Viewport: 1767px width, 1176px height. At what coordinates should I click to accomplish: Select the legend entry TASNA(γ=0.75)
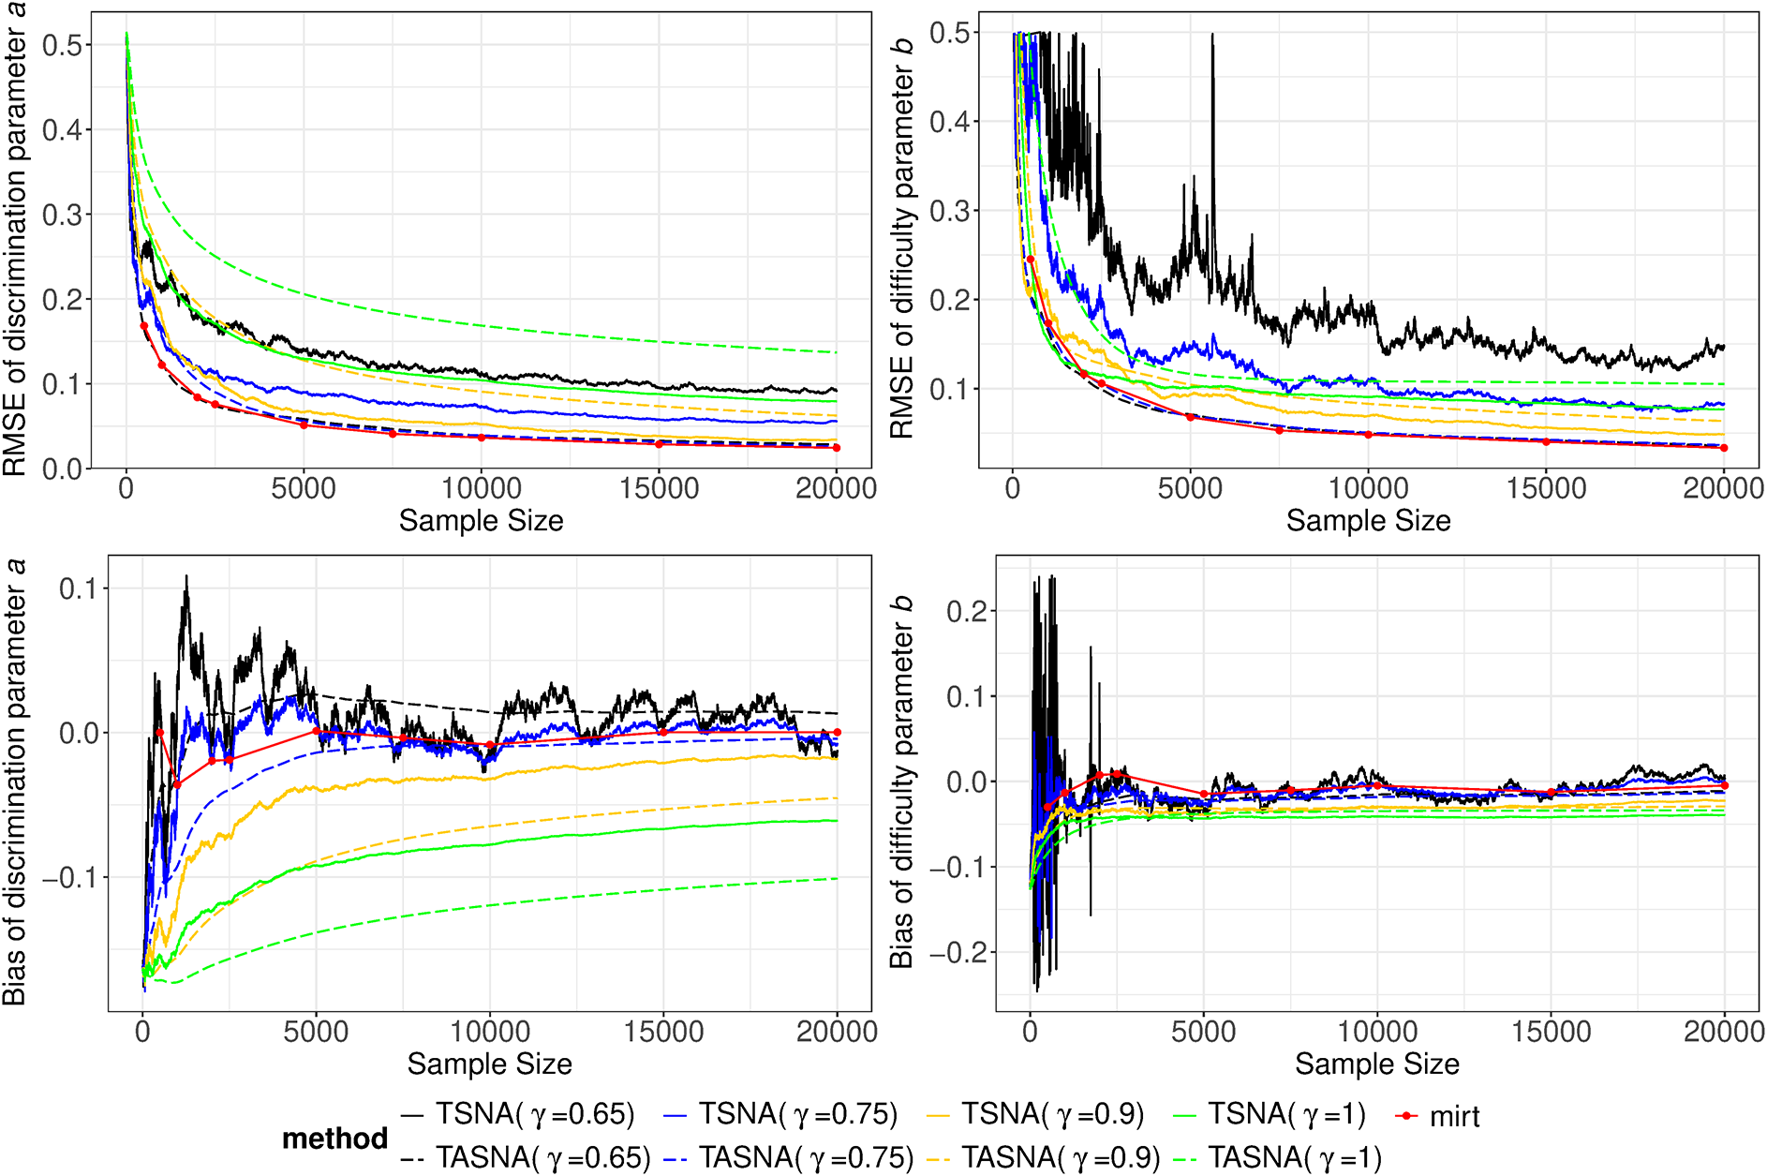[805, 1158]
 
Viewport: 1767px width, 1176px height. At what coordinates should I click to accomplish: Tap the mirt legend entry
[1453, 1116]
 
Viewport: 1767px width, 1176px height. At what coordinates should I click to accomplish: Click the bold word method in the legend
[334, 1138]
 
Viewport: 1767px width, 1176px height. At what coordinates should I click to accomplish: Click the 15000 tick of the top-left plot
[660, 488]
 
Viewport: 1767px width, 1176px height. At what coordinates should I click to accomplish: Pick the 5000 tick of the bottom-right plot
[1203, 1032]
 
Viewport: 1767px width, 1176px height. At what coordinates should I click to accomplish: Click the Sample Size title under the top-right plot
[1368, 521]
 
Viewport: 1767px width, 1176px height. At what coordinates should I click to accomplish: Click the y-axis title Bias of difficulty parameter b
[901, 783]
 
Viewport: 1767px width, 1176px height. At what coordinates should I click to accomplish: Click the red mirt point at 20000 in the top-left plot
[837, 448]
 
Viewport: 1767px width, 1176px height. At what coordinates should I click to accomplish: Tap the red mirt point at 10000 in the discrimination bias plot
[490, 745]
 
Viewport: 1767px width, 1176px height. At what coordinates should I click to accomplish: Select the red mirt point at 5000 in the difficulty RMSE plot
[1190, 417]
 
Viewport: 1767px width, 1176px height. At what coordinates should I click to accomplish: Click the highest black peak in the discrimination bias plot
[186, 577]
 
